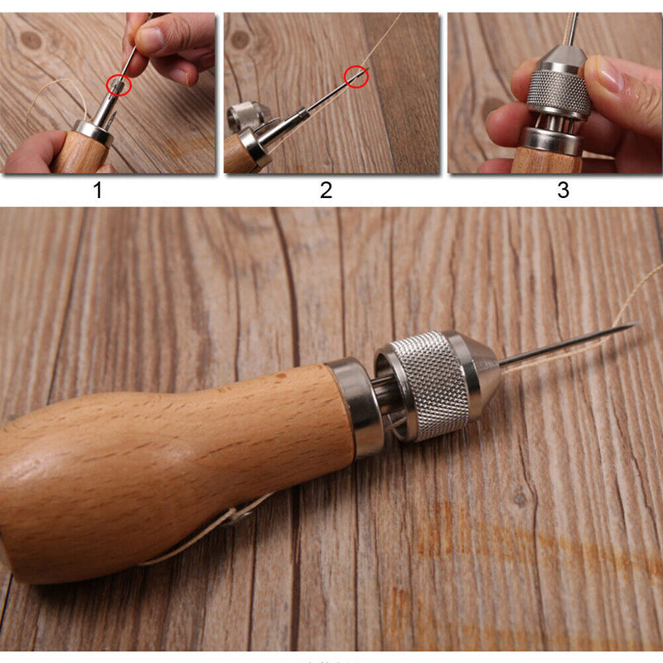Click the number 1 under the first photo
click(x=98, y=191)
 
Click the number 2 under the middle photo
click(x=326, y=191)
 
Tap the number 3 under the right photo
click(x=563, y=191)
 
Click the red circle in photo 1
click(x=119, y=84)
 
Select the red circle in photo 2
click(x=356, y=77)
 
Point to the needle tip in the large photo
click(x=634, y=324)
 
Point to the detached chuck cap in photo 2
click(x=244, y=116)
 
